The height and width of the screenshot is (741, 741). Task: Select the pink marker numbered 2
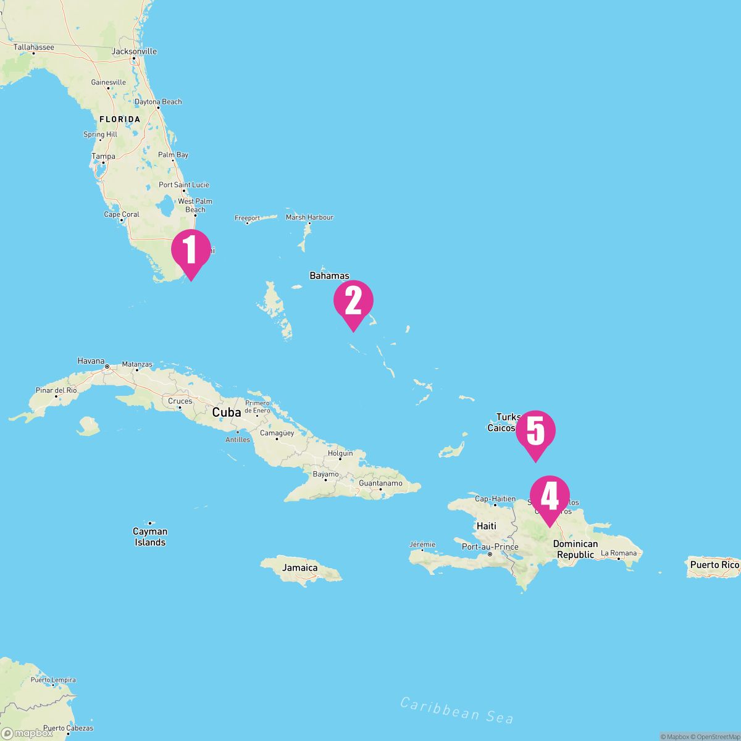tap(353, 301)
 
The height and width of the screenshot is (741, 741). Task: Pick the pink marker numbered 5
tap(535, 432)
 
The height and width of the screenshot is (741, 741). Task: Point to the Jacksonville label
tap(134, 52)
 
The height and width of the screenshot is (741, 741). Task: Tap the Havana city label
tap(91, 361)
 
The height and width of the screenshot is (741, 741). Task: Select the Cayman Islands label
tap(150, 537)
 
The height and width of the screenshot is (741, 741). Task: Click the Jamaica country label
tap(300, 567)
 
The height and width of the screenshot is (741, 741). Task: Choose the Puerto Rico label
tap(714, 564)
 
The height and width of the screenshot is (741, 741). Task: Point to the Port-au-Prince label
tap(490, 546)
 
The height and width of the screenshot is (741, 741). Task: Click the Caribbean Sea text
tap(456, 710)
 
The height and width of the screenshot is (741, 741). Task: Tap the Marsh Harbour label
tap(309, 217)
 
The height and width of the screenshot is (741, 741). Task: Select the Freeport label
tap(248, 218)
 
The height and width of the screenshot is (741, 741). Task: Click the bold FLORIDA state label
tap(120, 119)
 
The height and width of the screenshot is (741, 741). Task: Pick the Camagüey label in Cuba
tap(277, 433)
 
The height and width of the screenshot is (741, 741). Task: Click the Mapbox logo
tap(27, 733)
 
